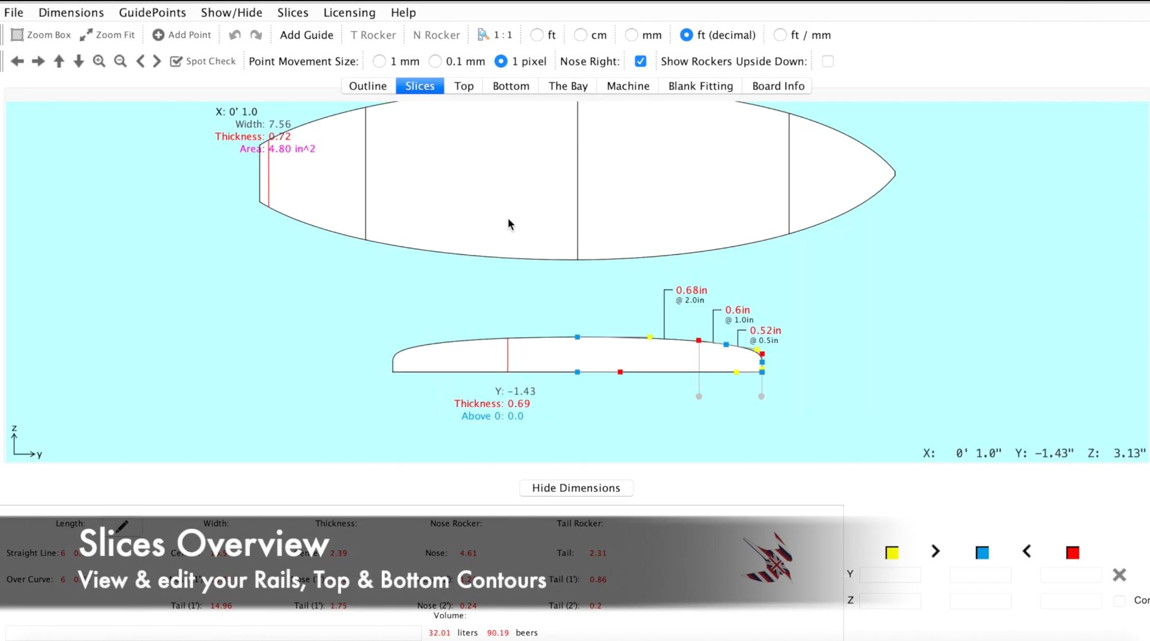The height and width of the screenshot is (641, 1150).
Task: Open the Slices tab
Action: point(420,86)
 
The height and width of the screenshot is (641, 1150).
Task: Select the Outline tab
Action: point(367,86)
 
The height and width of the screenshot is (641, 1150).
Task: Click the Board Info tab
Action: point(778,86)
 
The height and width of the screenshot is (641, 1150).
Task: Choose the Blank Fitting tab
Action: point(700,86)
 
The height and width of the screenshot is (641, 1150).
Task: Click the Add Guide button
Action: point(306,35)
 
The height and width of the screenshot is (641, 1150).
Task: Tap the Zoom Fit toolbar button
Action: point(108,35)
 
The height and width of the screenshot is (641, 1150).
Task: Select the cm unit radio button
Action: point(581,35)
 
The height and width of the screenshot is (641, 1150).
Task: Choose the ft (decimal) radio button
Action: point(687,35)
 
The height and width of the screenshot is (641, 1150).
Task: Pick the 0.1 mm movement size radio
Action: point(436,61)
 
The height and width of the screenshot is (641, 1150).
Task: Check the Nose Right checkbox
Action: point(641,61)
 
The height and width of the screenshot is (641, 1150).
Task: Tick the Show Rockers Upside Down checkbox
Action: point(827,61)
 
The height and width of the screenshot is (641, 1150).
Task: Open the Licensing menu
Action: point(349,12)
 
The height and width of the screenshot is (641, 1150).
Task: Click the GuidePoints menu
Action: point(152,12)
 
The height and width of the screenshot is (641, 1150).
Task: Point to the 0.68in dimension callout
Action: point(691,291)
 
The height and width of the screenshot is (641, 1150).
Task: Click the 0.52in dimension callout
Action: point(765,331)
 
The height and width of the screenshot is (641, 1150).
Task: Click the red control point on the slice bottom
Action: point(620,372)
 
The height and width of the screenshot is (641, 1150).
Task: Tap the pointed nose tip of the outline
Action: point(894,173)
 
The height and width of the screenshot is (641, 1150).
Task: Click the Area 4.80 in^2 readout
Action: point(278,149)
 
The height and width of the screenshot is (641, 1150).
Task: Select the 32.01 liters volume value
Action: point(439,633)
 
